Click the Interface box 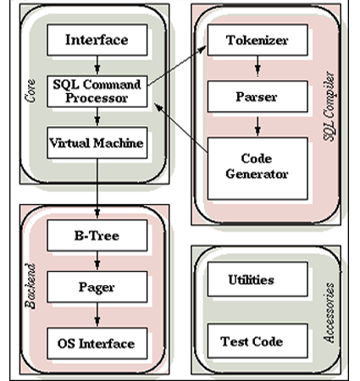coord(97,40)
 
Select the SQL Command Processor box coord(97,91)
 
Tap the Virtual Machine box coord(97,143)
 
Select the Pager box coord(97,289)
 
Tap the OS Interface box coord(97,343)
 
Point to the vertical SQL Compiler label coord(331,110)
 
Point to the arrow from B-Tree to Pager coord(97,262)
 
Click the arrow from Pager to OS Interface coord(97,316)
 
